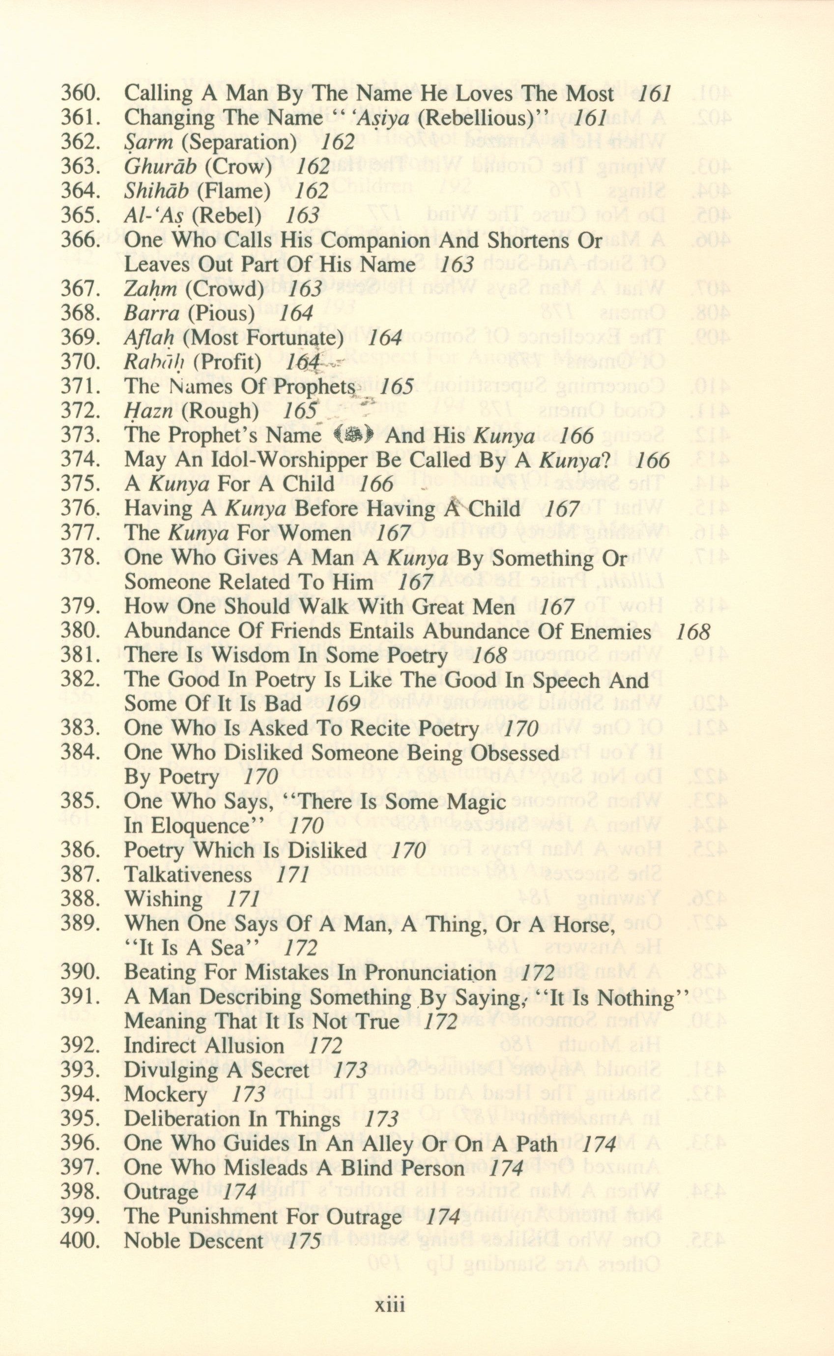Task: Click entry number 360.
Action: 80,94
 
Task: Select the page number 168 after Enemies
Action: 692,632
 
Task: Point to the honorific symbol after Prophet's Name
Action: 353,436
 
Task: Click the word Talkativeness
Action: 188,875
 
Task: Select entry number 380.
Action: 80,632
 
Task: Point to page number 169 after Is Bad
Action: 343,704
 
